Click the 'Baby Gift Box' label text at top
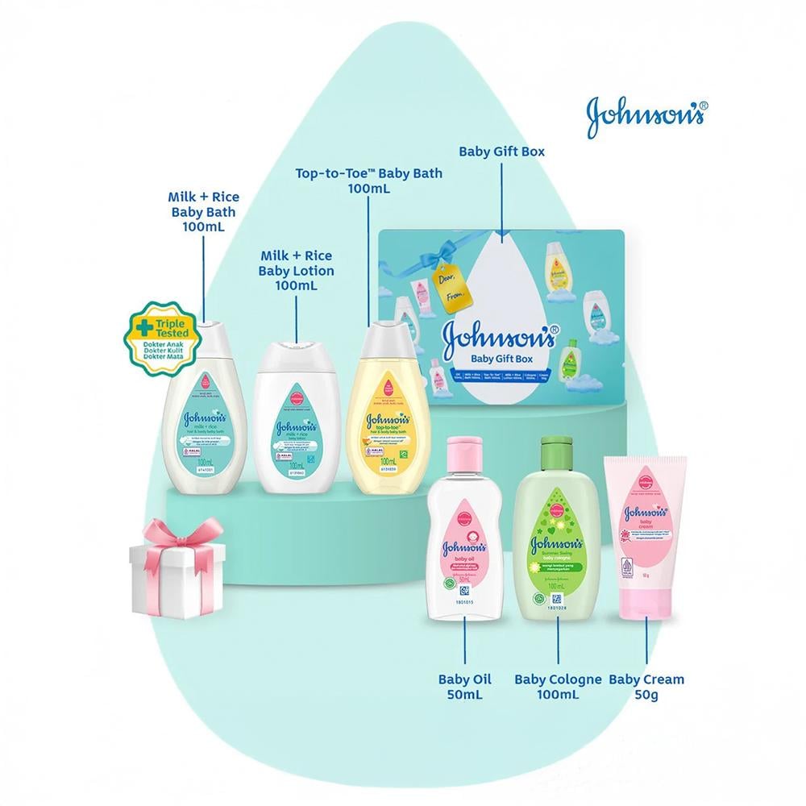tap(501, 151)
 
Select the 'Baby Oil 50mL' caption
tap(465, 687)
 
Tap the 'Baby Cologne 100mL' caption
tap(558, 687)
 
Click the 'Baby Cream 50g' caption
tap(646, 687)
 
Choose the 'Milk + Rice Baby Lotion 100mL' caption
tap(297, 270)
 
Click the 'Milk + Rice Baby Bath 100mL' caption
tap(203, 211)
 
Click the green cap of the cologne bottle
tap(558, 448)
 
